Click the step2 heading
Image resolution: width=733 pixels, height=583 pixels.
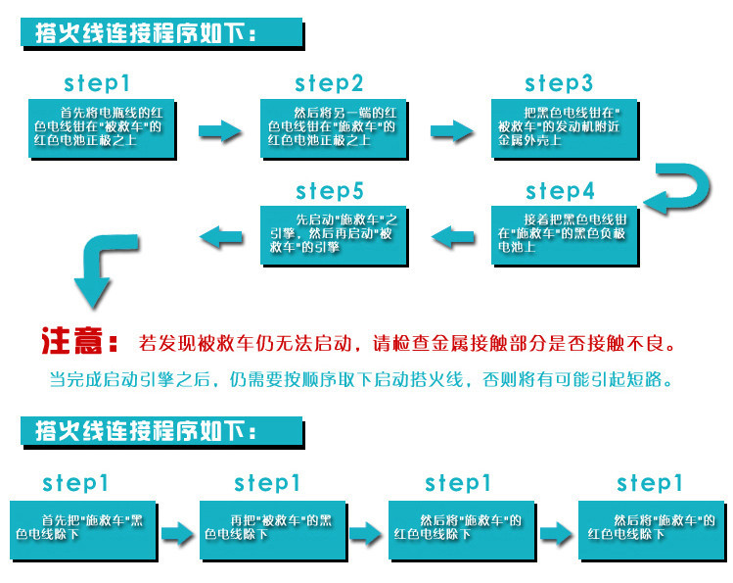tap(329, 83)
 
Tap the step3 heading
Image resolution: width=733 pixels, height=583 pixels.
tap(559, 83)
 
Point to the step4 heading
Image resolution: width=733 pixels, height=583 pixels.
tap(560, 190)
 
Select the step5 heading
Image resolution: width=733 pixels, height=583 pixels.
tap(330, 190)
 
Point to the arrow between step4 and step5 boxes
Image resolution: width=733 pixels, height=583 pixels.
tap(451, 235)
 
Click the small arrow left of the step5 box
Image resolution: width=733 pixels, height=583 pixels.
tap(221, 235)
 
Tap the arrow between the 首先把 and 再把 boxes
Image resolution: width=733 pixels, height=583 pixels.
tap(178, 533)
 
